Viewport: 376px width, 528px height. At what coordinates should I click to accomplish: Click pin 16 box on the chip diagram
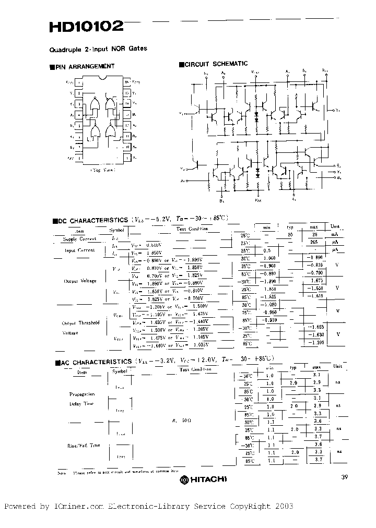126,82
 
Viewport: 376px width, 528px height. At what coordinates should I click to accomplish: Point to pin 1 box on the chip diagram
78,82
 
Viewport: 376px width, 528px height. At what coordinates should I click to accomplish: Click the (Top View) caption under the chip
102,170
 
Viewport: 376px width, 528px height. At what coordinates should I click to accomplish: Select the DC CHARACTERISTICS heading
92,221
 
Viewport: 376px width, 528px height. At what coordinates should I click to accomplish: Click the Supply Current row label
80,239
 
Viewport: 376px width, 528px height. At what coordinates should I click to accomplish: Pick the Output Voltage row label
80,281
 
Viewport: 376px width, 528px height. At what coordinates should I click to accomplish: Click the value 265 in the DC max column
313,242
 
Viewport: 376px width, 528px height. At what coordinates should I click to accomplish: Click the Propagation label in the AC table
82,394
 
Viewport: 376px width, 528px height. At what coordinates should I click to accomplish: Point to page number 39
343,476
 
